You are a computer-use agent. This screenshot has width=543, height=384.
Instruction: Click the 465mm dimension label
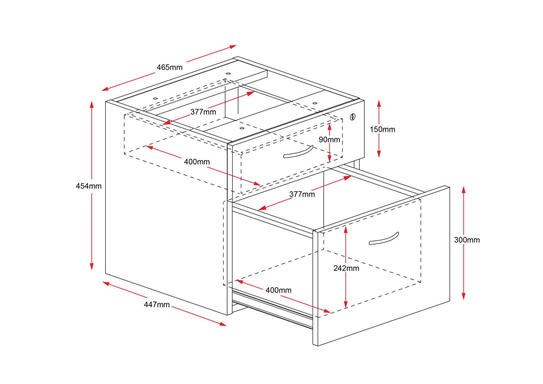click(x=169, y=67)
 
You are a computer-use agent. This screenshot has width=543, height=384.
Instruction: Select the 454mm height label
click(x=89, y=186)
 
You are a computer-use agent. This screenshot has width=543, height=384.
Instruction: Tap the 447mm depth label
click(x=157, y=305)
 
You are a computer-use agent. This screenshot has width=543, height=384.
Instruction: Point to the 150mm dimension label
click(x=382, y=130)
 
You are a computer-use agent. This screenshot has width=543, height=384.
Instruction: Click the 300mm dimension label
click(x=467, y=240)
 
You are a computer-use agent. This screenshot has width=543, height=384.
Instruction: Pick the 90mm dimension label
click(x=329, y=139)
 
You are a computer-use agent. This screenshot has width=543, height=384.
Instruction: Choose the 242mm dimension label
click(x=346, y=268)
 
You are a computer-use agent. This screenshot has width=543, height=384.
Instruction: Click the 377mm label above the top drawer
click(x=203, y=112)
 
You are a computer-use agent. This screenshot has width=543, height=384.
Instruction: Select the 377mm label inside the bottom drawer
click(x=302, y=194)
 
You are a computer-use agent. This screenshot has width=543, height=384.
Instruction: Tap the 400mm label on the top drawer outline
click(x=197, y=162)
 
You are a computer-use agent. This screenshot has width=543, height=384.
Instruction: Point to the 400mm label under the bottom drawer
click(x=278, y=290)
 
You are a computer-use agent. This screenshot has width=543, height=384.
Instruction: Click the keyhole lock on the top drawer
click(x=352, y=117)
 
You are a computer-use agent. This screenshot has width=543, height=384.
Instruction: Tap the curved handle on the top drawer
click(x=298, y=152)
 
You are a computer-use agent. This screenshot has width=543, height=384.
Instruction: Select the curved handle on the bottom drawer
click(x=384, y=239)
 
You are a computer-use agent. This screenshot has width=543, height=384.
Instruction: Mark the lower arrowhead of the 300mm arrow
click(x=464, y=296)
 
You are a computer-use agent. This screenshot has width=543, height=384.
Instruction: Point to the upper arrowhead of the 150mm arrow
click(x=379, y=103)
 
